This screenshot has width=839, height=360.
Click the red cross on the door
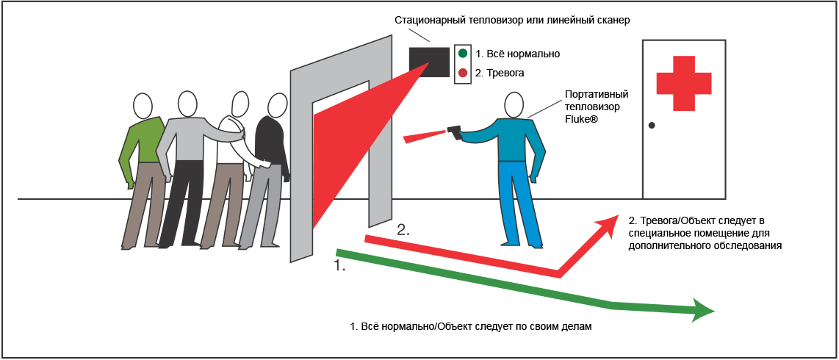pyautogui.click(x=683, y=82)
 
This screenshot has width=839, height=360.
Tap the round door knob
pyautogui.click(x=652, y=126)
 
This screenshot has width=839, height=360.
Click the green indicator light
pyautogui.click(x=463, y=54)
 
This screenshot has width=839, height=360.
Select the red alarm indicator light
pyautogui.click(x=463, y=73)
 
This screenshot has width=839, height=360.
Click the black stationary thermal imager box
pyautogui.click(x=429, y=62)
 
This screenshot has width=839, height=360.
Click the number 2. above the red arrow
pyautogui.click(x=403, y=228)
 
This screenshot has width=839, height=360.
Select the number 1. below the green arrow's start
pyautogui.click(x=339, y=265)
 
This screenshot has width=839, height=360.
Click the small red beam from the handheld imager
pyautogui.click(x=425, y=136)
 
